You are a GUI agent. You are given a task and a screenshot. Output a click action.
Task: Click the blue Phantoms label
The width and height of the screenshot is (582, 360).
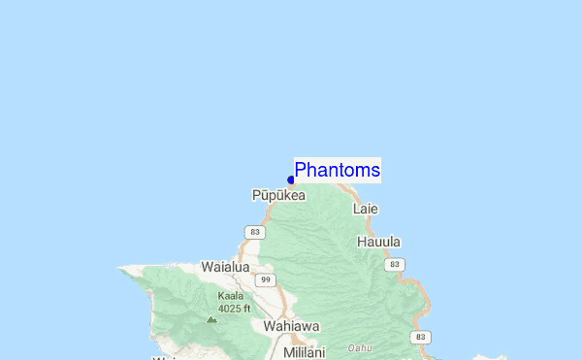pos(337,170)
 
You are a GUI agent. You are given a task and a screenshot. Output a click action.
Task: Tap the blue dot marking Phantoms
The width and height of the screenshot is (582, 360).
pos(291,180)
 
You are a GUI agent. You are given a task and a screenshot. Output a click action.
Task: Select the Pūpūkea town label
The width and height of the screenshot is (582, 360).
pos(278,195)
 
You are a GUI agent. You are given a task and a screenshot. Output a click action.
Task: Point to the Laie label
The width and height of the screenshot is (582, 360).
pos(366,209)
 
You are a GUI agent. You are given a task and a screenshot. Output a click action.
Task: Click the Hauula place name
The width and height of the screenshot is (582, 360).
pos(378,242)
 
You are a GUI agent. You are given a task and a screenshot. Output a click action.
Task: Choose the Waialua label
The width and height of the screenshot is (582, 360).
pos(225,266)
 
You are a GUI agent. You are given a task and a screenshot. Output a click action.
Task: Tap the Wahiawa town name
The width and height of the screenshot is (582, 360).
pos(291,327)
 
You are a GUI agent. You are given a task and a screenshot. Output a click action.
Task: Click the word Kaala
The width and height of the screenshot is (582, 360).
pos(231,296)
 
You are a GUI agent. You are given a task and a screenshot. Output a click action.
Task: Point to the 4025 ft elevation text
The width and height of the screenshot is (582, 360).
pos(234,309)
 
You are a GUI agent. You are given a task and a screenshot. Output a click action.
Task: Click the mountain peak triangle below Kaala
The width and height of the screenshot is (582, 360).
pos(211,318)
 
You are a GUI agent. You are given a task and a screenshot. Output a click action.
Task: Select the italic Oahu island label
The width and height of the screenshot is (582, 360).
pos(361,347)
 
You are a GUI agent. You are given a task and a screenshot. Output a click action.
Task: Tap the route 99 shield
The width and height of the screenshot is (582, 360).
pos(265,279)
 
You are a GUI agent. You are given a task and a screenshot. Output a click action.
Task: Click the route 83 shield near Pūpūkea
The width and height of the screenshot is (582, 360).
pos(254,232)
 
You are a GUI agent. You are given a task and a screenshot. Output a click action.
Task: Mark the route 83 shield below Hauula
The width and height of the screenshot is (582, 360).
pos(394,264)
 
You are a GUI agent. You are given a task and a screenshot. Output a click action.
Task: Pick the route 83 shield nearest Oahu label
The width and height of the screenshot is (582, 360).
pos(419,337)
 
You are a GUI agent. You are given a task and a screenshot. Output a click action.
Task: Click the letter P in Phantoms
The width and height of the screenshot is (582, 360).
pos(301,170)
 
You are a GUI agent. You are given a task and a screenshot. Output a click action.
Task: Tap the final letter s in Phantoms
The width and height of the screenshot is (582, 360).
pos(374,171)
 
